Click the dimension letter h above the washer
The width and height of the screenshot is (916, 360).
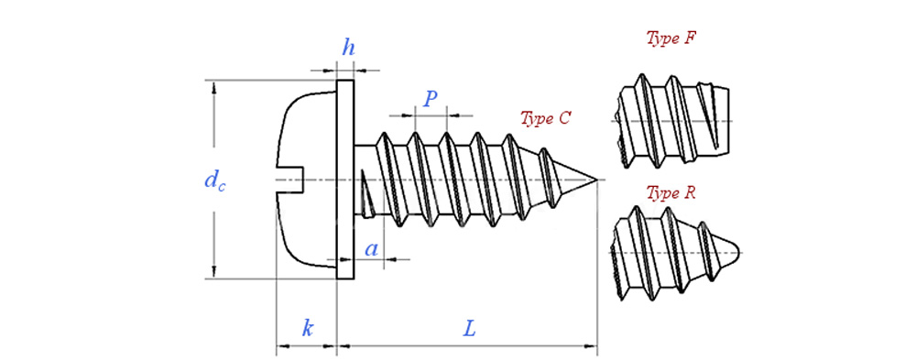point(348,48)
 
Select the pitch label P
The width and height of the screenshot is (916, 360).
point(431,99)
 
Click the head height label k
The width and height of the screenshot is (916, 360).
point(307,328)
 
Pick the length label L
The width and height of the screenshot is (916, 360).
point(469,329)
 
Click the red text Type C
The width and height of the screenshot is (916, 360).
point(545,119)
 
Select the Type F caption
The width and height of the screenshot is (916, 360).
point(671,38)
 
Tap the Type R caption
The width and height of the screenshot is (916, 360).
point(671,194)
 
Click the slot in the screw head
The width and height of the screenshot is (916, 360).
point(291,180)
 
